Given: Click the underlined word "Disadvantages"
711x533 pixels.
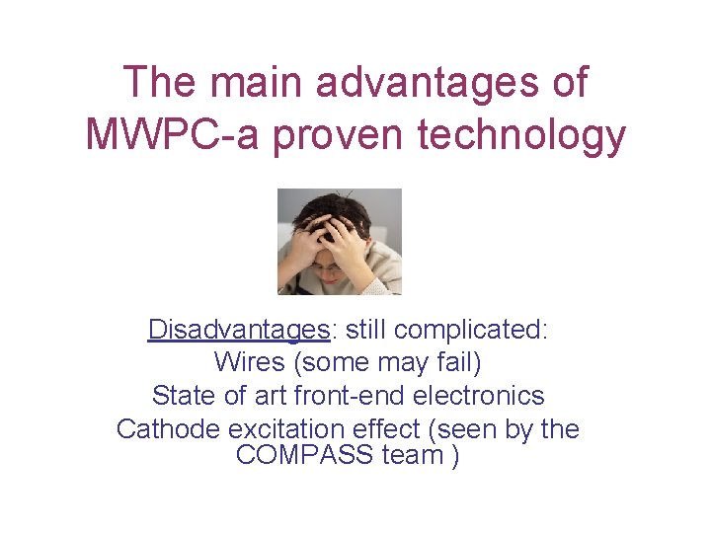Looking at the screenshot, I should point(238,329).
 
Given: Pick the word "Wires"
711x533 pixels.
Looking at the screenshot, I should point(248,362).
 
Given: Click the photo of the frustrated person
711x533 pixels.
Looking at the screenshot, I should point(339,242).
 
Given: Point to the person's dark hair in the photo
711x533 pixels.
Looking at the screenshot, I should point(339,207).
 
